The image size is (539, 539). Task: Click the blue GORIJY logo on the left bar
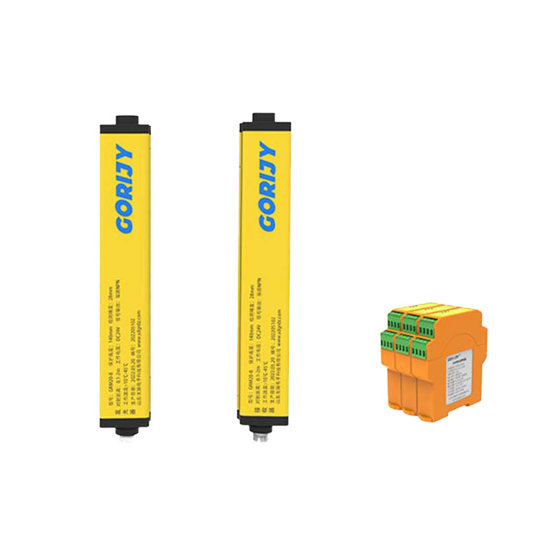[125, 189]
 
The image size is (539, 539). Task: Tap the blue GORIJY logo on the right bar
[267, 186]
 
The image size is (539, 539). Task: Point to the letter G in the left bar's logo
[125, 224]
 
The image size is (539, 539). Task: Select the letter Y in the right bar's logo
[268, 150]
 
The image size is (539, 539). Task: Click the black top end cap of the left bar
[125, 125]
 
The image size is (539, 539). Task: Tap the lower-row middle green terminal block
[403, 344]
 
